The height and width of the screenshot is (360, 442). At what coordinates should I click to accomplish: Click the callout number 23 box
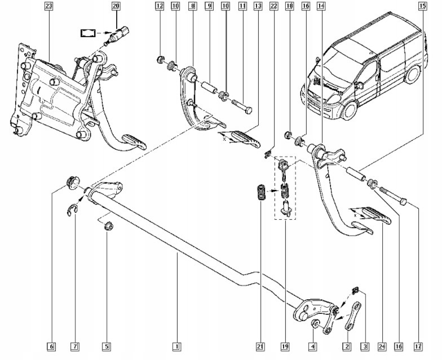[x=48, y=6]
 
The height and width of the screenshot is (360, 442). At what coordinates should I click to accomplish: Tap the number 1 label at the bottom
[x=177, y=346]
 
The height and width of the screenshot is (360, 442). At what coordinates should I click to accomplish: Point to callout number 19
[x=285, y=346]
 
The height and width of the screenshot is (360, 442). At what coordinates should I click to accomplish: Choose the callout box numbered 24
[x=382, y=346]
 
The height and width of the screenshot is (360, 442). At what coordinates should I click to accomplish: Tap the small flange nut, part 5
[x=108, y=226]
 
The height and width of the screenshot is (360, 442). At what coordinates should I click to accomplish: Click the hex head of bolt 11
[x=248, y=110]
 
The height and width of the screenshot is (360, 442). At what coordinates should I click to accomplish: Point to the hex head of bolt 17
[x=404, y=202]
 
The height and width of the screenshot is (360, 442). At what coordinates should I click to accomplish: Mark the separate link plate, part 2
[x=353, y=315]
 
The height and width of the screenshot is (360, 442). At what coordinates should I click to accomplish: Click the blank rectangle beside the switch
[x=88, y=33]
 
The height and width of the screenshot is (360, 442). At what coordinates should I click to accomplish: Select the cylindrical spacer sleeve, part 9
[x=210, y=87]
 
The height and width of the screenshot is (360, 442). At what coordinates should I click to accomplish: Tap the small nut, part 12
[x=161, y=60]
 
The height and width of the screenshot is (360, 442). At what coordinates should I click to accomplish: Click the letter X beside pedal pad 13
[x=224, y=139]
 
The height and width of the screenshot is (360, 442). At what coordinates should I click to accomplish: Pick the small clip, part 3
[x=356, y=290]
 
